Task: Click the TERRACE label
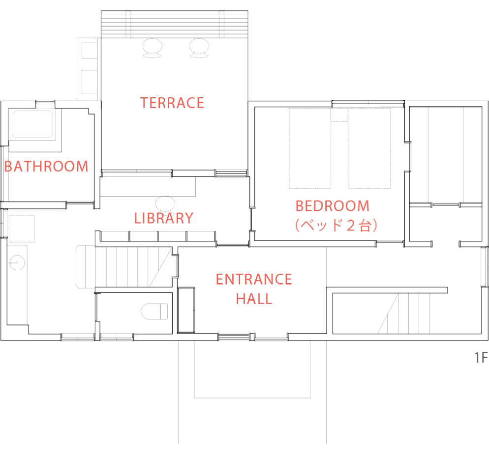[172, 103]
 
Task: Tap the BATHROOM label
[46, 167]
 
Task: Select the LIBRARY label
[164, 218]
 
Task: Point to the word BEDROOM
[332, 205]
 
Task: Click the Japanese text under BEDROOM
[336, 226]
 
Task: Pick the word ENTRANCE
[254, 280]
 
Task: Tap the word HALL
[254, 299]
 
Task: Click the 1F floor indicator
[481, 358]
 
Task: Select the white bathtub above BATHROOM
[32, 124]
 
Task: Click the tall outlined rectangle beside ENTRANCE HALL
[186, 310]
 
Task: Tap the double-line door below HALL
[234, 337]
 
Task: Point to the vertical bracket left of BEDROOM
[252, 219]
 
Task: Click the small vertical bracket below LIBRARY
[176, 266]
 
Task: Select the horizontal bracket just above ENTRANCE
[232, 244]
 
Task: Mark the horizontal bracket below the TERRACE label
[231, 174]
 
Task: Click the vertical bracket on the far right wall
[408, 157]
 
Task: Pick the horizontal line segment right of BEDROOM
[446, 204]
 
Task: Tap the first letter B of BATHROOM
[8, 167]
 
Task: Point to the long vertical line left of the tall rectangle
[96, 307]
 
